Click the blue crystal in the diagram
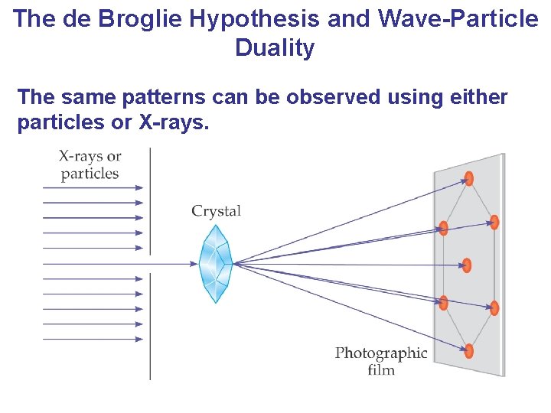pyautogui.click(x=216, y=263)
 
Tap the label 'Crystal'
pyautogui.click(x=216, y=211)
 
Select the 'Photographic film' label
pyautogui.click(x=380, y=362)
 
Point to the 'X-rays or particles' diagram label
pyautogui.click(x=90, y=164)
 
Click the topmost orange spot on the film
pyautogui.click(x=468, y=178)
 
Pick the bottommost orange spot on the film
pyautogui.click(x=468, y=351)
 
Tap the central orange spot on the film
pyautogui.click(x=467, y=265)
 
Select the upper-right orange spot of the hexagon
pyautogui.click(x=494, y=223)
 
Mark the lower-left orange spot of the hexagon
pyautogui.click(x=443, y=303)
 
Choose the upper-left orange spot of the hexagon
pyautogui.click(x=443, y=227)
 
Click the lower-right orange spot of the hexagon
pyautogui.click(x=494, y=308)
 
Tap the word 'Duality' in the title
pyautogui.click(x=275, y=48)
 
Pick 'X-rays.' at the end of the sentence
pyautogui.click(x=174, y=123)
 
